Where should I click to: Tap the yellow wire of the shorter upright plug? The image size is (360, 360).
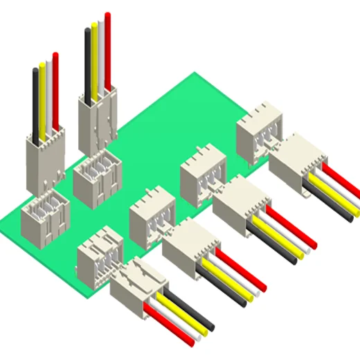(x=42, y=97)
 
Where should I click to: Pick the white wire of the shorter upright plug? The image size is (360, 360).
(x=48, y=93)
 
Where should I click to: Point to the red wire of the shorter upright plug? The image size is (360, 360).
(x=55, y=87)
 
